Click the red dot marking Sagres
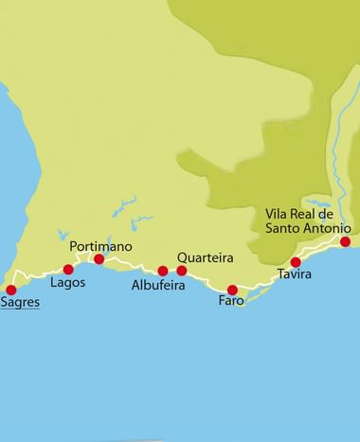pyautogui.click(x=11, y=291)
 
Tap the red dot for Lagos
pyautogui.click(x=68, y=270)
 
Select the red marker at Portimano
pyautogui.click(x=99, y=259)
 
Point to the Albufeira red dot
pyautogui.click(x=163, y=272)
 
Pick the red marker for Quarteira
pyautogui.click(x=182, y=271)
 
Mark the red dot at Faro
pyautogui.click(x=232, y=290)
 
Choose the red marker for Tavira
pyautogui.click(x=296, y=262)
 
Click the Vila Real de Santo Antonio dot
pyautogui.click(x=346, y=242)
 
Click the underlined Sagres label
pyautogui.click(x=20, y=305)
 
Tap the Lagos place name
pyautogui.click(x=67, y=283)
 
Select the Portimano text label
pyautogui.click(x=100, y=246)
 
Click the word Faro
pyautogui.click(x=231, y=302)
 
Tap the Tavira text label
pyautogui.click(x=295, y=275)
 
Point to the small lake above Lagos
pyautogui.click(x=63, y=236)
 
